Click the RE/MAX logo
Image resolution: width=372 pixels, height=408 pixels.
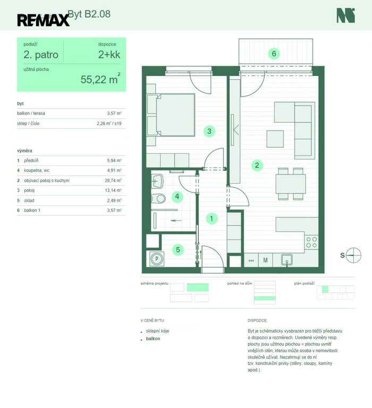(44, 20)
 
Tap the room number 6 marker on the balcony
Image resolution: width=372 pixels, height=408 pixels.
(274, 54)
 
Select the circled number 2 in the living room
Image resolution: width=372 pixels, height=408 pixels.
(257, 165)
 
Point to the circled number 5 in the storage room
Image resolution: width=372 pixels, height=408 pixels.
(178, 250)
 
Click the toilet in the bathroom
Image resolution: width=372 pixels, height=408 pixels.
(158, 199)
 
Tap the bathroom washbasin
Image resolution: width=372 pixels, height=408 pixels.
(157, 181)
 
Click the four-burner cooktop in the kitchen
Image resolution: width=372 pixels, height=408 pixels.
(311, 242)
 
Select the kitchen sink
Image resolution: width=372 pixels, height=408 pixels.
(287, 260)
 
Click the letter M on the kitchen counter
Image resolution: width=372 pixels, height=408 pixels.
(265, 260)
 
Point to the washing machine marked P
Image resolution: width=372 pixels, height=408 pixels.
(157, 259)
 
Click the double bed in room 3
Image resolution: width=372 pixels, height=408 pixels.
(171, 115)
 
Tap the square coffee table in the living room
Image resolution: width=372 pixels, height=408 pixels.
(275, 139)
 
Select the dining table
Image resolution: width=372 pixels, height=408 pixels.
(291, 184)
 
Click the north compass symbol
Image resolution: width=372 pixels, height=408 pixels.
(353, 255)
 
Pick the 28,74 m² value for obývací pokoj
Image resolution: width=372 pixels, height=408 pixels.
(113, 180)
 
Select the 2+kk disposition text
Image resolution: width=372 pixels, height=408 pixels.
(109, 54)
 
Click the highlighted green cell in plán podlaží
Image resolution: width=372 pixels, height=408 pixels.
(325, 290)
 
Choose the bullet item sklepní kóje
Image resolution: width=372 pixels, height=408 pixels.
(157, 331)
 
